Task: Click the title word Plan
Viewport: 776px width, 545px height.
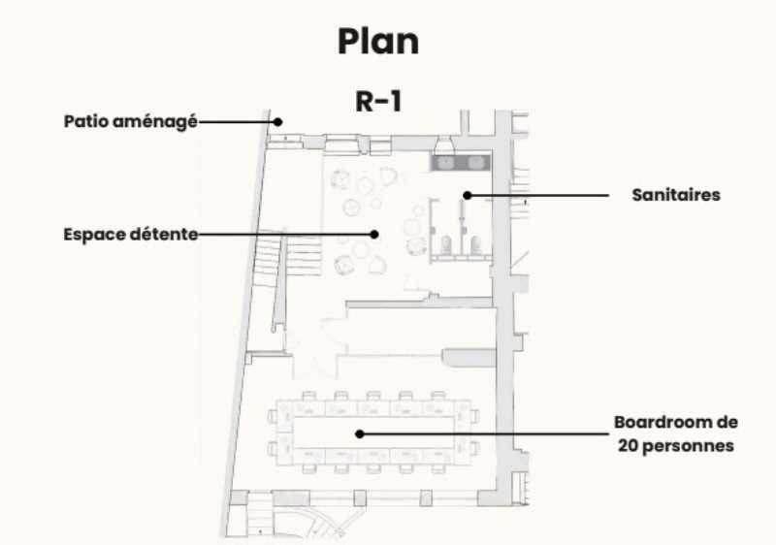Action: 378,42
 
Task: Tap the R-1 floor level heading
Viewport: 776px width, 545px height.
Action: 378,102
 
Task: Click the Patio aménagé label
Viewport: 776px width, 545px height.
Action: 130,122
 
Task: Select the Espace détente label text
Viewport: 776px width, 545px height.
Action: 130,234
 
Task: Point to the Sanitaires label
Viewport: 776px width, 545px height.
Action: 676,195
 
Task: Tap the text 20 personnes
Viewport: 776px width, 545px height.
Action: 676,446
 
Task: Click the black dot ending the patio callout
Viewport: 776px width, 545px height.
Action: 276,122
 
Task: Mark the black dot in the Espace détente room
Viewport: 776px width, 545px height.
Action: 374,234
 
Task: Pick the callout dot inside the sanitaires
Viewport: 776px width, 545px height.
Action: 467,195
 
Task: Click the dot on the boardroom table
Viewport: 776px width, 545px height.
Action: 359,434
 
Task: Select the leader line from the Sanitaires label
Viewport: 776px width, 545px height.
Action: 543,195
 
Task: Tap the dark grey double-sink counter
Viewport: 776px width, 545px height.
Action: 464,162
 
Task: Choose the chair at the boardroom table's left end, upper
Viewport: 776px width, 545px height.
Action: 275,416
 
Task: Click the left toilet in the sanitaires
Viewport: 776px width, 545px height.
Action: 447,244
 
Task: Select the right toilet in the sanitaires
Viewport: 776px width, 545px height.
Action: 475,244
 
